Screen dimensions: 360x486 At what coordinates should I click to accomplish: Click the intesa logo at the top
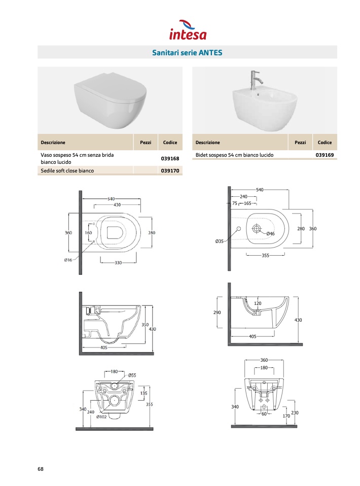pos(188,30)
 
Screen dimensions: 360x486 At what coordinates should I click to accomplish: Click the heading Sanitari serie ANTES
pos(187,53)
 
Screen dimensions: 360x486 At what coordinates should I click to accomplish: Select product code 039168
pos(170,158)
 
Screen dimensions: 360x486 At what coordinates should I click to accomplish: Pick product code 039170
pos(170,170)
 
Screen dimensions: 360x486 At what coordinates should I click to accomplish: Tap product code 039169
pos(325,155)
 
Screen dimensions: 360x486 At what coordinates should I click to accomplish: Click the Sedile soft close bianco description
pos(67,170)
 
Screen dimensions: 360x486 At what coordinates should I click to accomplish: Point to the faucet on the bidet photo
pos(255,80)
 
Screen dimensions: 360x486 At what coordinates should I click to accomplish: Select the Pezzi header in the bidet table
pos(300,143)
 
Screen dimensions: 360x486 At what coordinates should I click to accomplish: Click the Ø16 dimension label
pos(68,260)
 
